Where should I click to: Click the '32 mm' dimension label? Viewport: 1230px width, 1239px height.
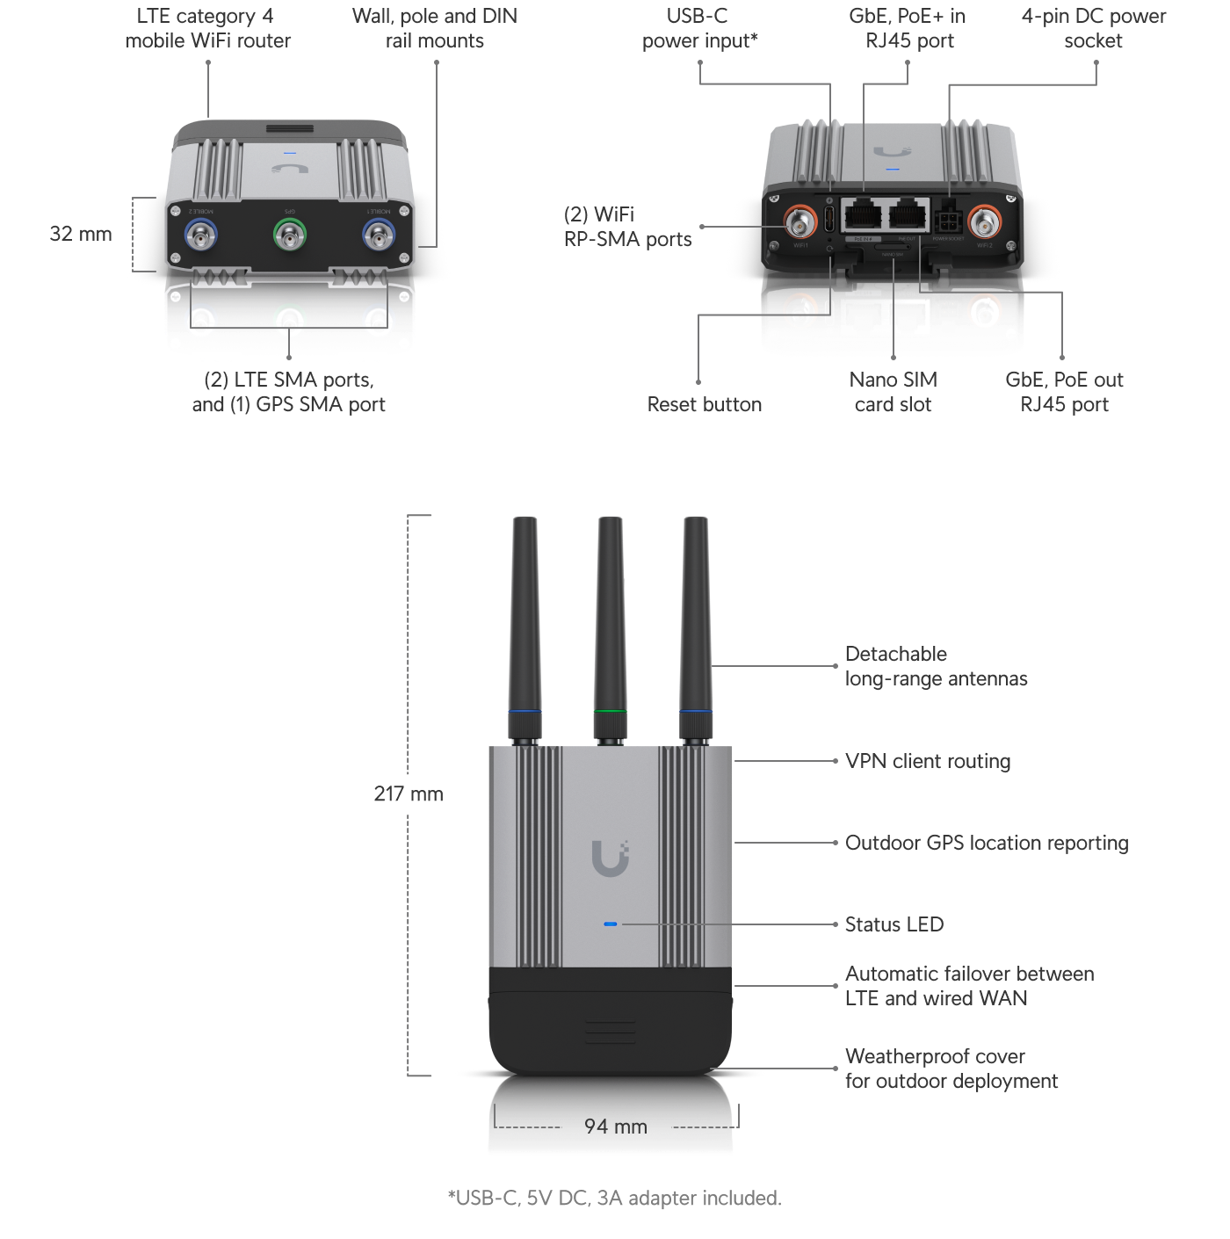coord(81,234)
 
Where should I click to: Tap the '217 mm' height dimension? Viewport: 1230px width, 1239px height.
coord(409,794)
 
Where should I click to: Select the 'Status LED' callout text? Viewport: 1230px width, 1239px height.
coord(894,924)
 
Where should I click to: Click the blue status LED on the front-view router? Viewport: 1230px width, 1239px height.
coord(611,924)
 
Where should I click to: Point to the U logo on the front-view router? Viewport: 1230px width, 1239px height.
coord(610,858)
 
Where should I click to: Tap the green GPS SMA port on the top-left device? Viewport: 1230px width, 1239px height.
coord(289,235)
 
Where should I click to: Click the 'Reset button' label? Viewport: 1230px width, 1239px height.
coord(704,404)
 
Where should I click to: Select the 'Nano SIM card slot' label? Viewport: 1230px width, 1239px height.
coord(893,392)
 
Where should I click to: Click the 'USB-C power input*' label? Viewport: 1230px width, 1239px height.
coord(698,28)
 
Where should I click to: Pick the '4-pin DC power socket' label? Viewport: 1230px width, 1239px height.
coord(1093,28)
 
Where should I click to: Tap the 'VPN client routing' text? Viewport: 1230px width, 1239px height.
coord(927,761)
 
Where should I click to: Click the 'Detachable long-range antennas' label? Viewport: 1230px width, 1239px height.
coord(935,666)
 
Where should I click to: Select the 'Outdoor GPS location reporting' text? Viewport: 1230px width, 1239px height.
coord(986,843)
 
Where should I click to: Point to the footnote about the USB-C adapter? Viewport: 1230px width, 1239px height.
coord(614,1199)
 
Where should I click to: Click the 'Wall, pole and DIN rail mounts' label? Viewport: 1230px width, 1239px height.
coord(435,28)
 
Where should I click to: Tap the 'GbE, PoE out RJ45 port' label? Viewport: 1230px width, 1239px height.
coord(1064,392)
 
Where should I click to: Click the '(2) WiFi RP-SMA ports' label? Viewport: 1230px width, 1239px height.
coord(627,227)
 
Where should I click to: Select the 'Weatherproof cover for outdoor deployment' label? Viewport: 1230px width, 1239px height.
coord(951,1069)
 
